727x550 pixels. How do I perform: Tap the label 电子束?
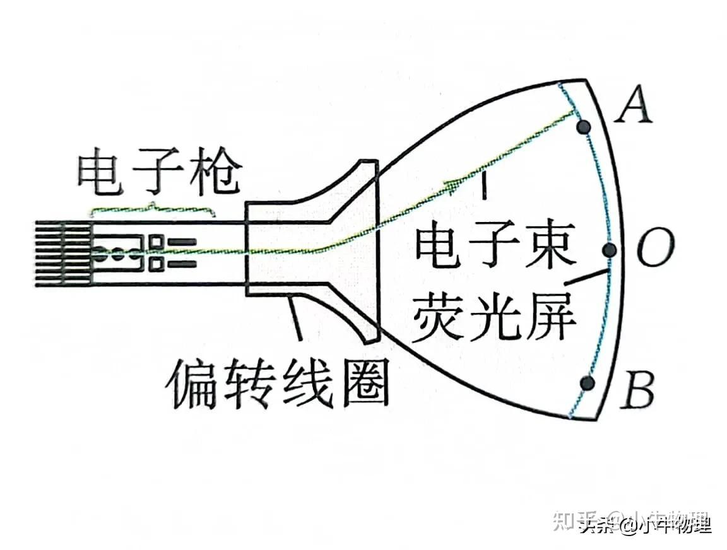[495, 248]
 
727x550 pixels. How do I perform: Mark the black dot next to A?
[584, 127]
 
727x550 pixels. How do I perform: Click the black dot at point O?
[609, 250]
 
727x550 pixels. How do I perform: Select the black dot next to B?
[588, 382]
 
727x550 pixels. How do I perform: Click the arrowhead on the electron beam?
[453, 184]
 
